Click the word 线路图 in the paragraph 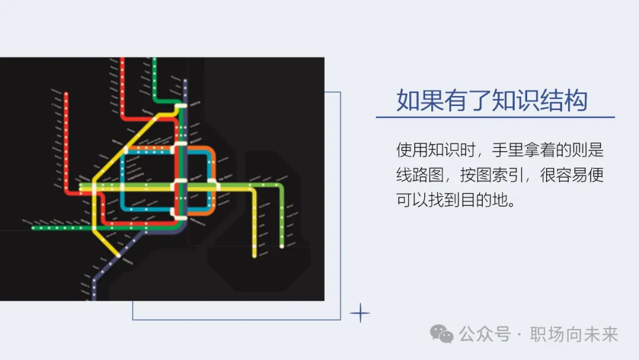(x=419, y=175)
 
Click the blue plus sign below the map (x=360, y=313)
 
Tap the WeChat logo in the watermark (x=442, y=334)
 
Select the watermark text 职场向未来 (x=574, y=335)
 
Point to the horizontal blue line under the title (x=495, y=117)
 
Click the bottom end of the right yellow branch (x=254, y=255)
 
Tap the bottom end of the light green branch (x=282, y=246)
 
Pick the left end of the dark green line (x=33, y=227)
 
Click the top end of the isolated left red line (x=66, y=94)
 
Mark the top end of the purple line (x=185, y=81)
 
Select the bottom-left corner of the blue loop (x=123, y=208)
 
